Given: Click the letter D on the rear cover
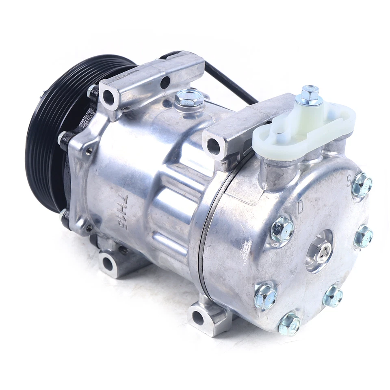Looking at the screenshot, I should click(x=300, y=207).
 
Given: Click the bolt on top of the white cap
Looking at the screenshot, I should click(x=310, y=95).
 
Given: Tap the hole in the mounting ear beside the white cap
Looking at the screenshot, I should click(x=213, y=147).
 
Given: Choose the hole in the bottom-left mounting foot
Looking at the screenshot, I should click(x=107, y=263).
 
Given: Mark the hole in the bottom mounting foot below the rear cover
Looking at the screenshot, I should click(x=198, y=317).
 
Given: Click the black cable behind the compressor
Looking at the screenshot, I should click(x=232, y=81).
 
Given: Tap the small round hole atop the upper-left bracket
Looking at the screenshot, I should click(x=165, y=82).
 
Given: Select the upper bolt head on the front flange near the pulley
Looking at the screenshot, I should click(x=63, y=138).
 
